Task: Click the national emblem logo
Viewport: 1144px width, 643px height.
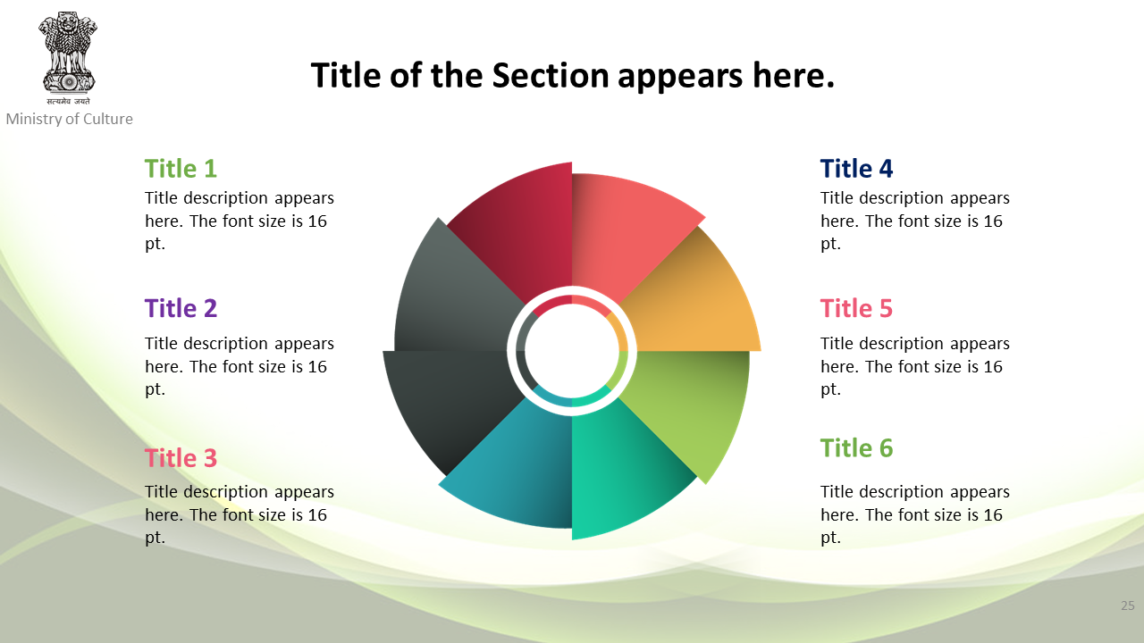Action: (x=67, y=58)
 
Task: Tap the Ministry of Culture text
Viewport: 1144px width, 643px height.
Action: (x=70, y=119)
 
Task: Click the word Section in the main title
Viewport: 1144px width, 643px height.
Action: (x=551, y=75)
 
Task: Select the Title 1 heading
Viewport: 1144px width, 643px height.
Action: (x=181, y=169)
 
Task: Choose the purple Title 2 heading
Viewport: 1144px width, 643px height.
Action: (x=181, y=308)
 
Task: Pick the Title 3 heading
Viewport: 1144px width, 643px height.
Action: (x=181, y=458)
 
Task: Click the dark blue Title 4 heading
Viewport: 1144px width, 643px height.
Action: (x=856, y=169)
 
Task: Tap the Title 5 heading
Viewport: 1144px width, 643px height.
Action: (x=856, y=308)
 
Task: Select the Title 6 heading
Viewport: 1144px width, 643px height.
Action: (x=856, y=448)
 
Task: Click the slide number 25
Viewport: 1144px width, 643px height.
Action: (x=1128, y=605)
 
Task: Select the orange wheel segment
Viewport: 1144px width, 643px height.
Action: (x=694, y=301)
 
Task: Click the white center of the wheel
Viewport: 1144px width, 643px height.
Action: (x=572, y=351)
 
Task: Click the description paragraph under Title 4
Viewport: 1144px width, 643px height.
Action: (x=914, y=221)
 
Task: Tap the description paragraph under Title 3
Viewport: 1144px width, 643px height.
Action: (x=239, y=514)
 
